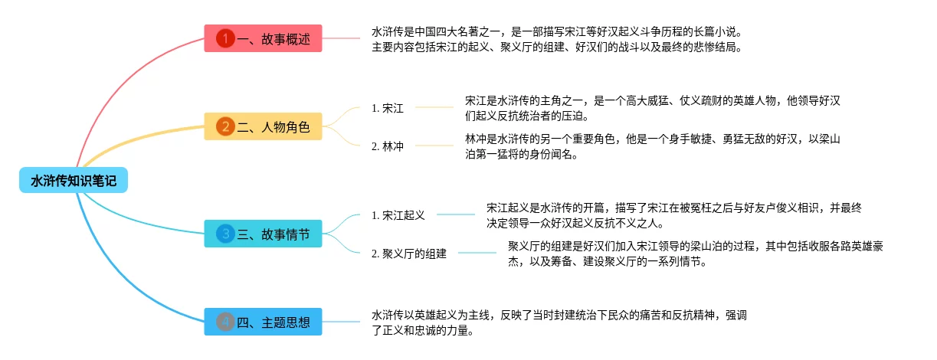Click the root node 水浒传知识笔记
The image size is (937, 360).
[x=74, y=181]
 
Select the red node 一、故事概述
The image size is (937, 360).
[x=263, y=38]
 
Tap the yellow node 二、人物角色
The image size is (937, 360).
[x=263, y=126]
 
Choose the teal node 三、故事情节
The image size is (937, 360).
[x=263, y=234]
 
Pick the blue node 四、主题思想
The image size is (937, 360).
[x=263, y=322]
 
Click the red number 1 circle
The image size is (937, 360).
[x=225, y=38]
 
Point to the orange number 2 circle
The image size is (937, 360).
[x=225, y=126]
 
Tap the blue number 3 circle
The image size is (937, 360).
[x=225, y=234]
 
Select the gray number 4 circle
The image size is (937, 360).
[x=225, y=322]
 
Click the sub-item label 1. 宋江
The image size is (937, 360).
[x=388, y=108]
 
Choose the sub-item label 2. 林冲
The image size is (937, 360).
[x=388, y=146]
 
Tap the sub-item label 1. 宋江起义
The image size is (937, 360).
[x=398, y=215]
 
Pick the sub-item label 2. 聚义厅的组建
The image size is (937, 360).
[x=409, y=253]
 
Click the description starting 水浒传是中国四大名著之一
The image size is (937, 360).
[x=557, y=39]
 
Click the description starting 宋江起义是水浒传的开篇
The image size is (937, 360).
[x=675, y=215]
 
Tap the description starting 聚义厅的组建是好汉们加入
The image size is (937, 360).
[x=696, y=253]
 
